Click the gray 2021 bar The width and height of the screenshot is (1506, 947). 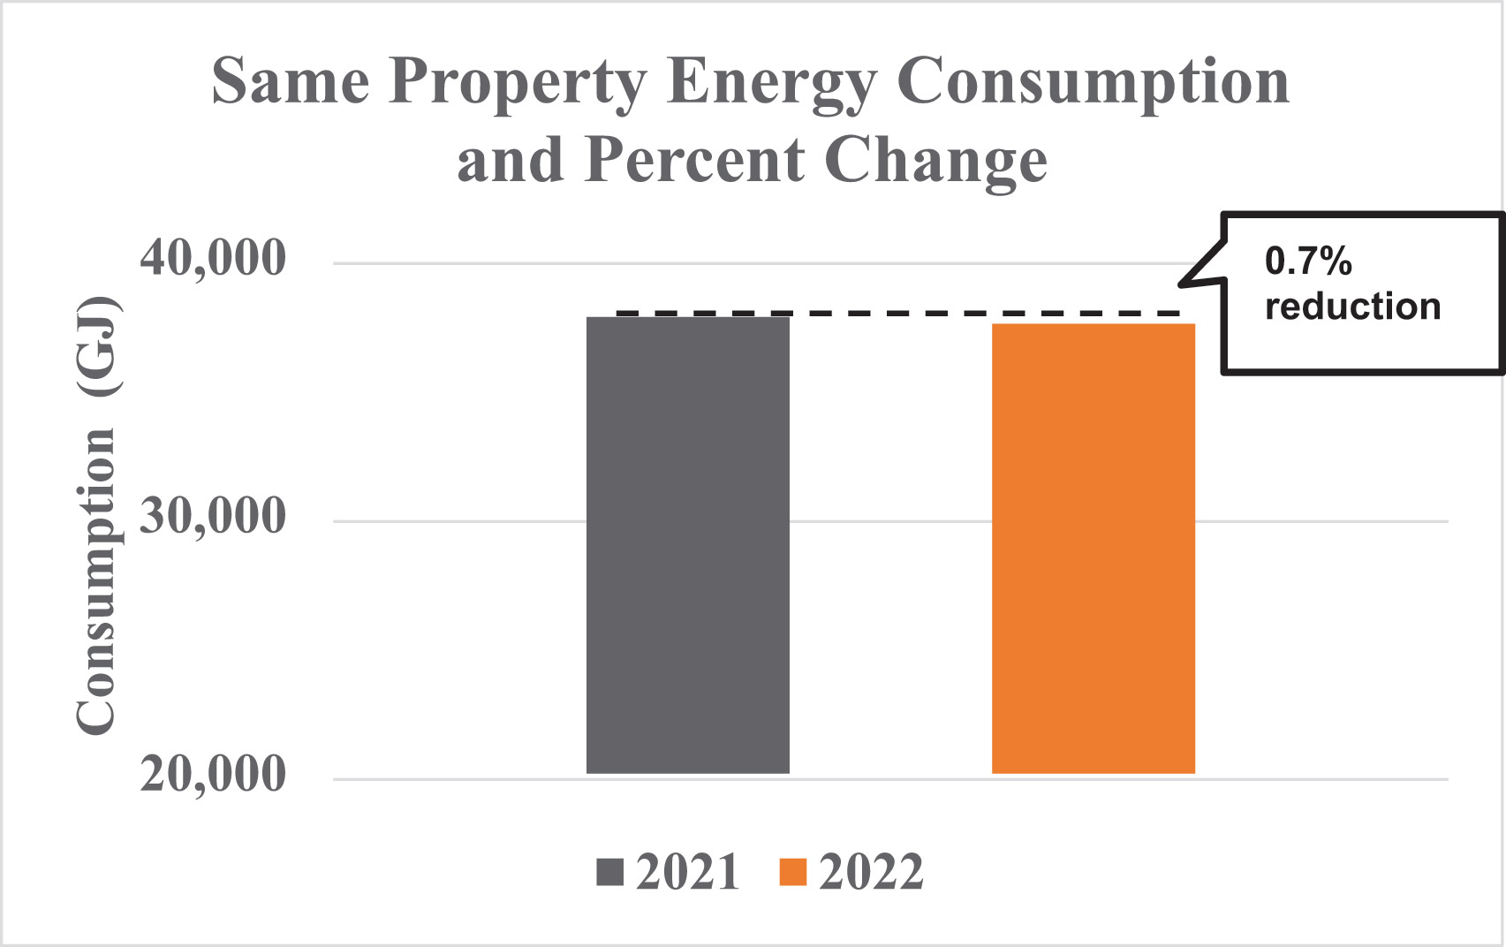[687, 545]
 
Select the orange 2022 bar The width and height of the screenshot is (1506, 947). [1093, 549]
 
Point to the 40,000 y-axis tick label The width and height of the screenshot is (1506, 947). [213, 259]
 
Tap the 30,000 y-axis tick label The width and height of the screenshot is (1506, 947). [213, 516]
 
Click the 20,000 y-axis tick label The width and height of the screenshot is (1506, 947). [213, 775]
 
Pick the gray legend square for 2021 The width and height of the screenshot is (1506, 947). [610, 872]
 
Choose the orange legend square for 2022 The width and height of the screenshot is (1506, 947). [792, 872]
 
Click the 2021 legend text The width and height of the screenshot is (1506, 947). [687, 872]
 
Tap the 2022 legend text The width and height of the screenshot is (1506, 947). [870, 872]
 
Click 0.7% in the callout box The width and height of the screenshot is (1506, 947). [1308, 261]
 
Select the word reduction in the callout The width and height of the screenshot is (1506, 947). [1352, 307]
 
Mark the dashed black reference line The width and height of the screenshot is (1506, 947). [897, 313]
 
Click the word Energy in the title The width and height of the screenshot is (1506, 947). [771, 83]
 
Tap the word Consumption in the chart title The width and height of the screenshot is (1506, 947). [1093, 83]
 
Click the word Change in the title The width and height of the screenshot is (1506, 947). [935, 161]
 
